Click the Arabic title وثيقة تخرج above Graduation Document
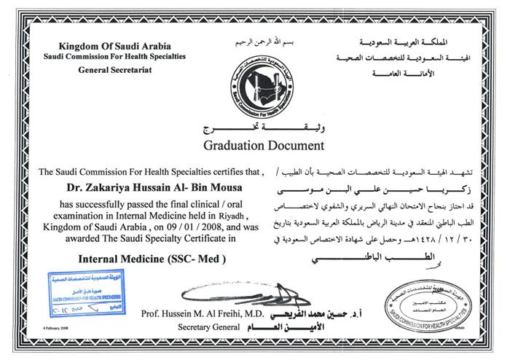pyautogui.click(x=253, y=129)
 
